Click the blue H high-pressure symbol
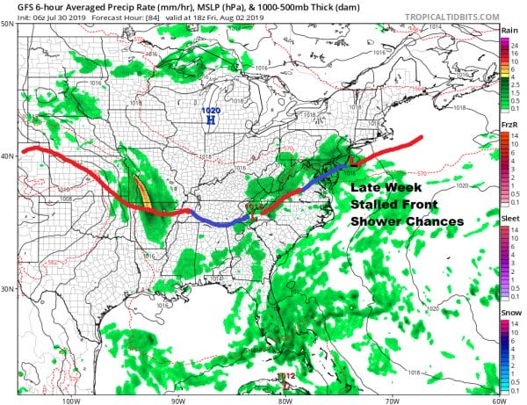pos(211,121)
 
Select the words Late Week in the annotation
pos(386,189)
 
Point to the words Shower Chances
pos(406,221)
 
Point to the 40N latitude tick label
pos(8,157)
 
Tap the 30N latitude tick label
pos(8,289)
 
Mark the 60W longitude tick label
pos(497,399)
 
